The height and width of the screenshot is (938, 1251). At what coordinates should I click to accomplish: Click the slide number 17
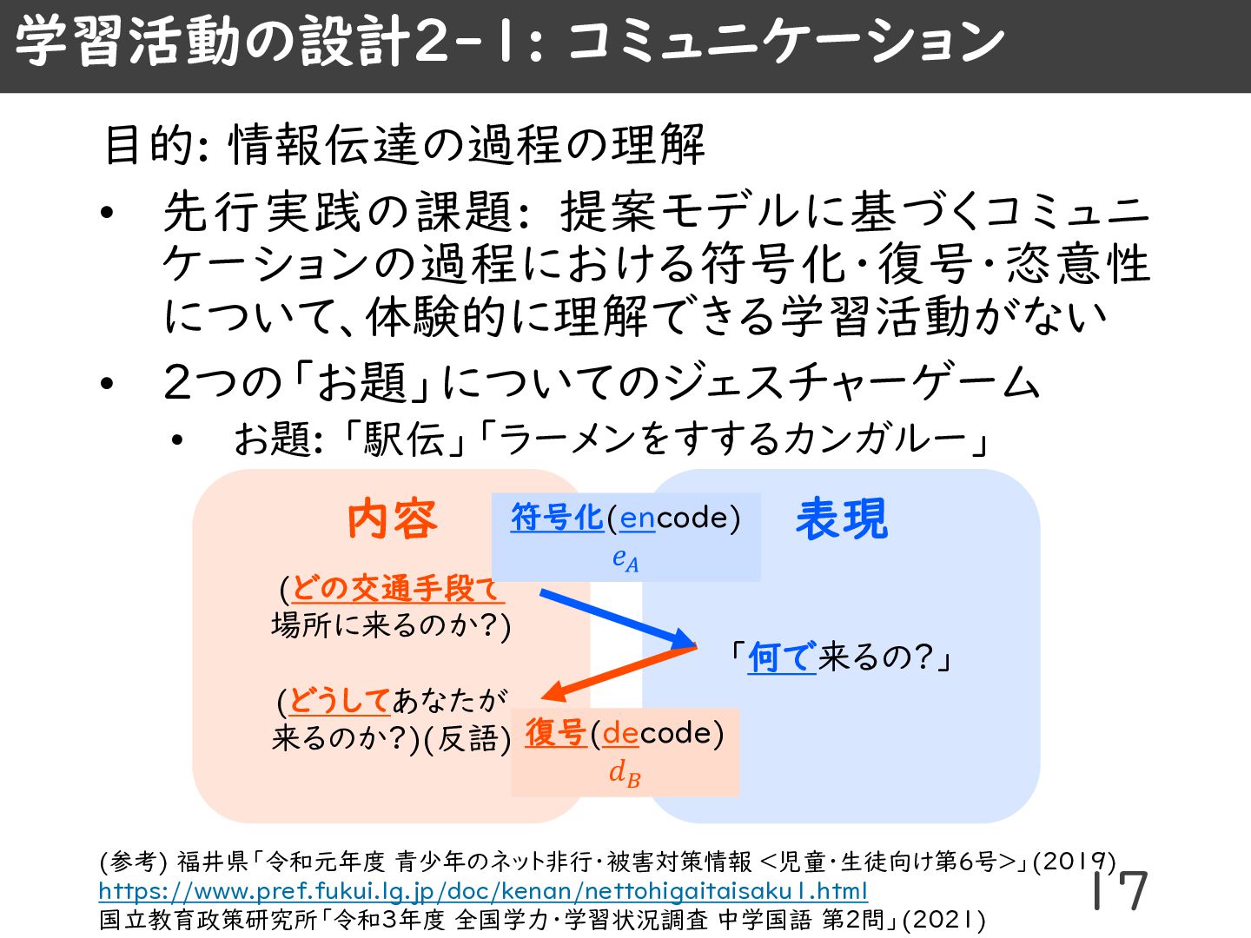pyautogui.click(x=1121, y=890)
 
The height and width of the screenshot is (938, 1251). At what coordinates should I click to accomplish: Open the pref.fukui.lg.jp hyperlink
pyautogui.click(x=482, y=891)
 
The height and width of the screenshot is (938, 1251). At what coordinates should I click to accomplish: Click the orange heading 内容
pyautogui.click(x=392, y=519)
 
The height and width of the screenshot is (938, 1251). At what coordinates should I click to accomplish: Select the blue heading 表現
pyautogui.click(x=842, y=519)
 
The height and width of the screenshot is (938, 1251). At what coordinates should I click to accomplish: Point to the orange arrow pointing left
pyautogui.click(x=619, y=674)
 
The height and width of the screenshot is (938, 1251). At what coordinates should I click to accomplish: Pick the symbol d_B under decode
pyautogui.click(x=625, y=772)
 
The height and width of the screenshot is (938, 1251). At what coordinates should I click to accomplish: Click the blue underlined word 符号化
pyautogui.click(x=557, y=518)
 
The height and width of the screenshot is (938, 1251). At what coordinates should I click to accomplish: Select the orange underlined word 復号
pyautogui.click(x=556, y=733)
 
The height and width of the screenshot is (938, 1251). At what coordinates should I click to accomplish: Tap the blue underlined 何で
pyautogui.click(x=782, y=657)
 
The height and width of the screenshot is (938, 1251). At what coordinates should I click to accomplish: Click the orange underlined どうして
pyautogui.click(x=339, y=700)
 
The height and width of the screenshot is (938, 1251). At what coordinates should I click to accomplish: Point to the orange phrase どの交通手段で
pyautogui.click(x=396, y=589)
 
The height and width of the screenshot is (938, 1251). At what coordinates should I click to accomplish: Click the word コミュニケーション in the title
pyautogui.click(x=786, y=42)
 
